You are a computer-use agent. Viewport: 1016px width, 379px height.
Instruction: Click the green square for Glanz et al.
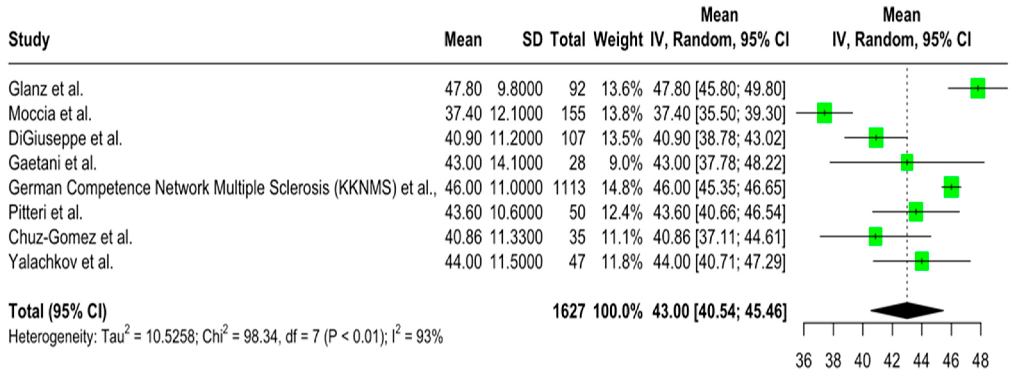click(x=978, y=88)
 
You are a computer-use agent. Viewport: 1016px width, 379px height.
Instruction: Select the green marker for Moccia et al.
click(x=824, y=113)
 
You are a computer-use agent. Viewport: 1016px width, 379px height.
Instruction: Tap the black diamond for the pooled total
click(x=907, y=310)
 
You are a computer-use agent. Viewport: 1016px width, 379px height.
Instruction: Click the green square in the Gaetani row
click(x=907, y=162)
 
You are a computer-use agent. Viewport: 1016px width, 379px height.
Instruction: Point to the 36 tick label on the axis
click(x=804, y=361)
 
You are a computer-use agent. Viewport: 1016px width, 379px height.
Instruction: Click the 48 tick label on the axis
click(x=980, y=361)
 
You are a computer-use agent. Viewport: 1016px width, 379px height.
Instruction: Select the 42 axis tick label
click(x=892, y=361)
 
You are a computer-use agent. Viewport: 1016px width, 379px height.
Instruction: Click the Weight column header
click(x=618, y=40)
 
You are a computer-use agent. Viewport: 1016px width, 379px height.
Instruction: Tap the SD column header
click(x=532, y=40)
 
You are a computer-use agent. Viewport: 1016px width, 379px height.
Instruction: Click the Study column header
click(x=29, y=40)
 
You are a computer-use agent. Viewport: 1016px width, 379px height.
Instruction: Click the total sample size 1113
click(x=569, y=188)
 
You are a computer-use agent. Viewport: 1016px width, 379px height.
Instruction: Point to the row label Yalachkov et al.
click(x=61, y=262)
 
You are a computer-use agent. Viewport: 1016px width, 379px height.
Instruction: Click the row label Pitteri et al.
click(x=45, y=213)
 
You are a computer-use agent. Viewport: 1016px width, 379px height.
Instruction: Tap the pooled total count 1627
click(x=569, y=311)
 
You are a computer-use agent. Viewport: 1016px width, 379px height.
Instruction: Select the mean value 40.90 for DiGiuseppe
click(x=463, y=138)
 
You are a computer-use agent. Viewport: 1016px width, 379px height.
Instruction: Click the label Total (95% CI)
click(x=58, y=311)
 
